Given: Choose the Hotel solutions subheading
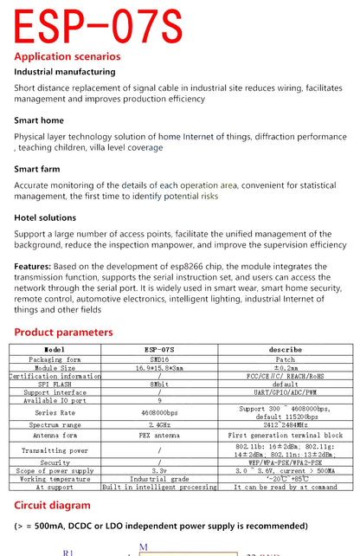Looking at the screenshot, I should click(x=45, y=218).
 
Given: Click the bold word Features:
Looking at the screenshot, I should click(x=33, y=267).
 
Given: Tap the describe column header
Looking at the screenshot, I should click(x=285, y=350).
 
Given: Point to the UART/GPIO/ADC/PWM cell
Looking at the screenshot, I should click(x=285, y=392).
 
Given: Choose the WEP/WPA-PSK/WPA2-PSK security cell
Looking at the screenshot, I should click(x=285, y=462).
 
